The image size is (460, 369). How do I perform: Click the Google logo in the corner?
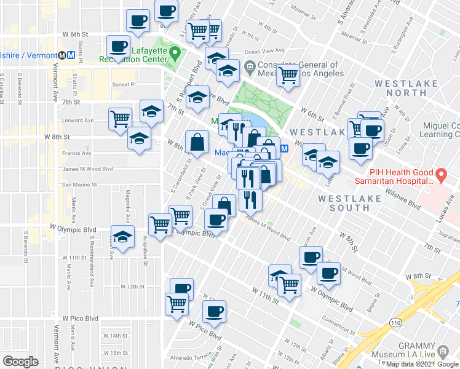click(x=20, y=362)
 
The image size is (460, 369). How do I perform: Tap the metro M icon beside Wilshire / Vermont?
click(x=71, y=54)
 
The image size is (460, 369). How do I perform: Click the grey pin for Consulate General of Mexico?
click(x=250, y=66)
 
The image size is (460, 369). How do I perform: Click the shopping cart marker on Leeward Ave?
click(x=121, y=118)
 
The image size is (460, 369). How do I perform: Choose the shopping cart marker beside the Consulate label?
click(x=288, y=76)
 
